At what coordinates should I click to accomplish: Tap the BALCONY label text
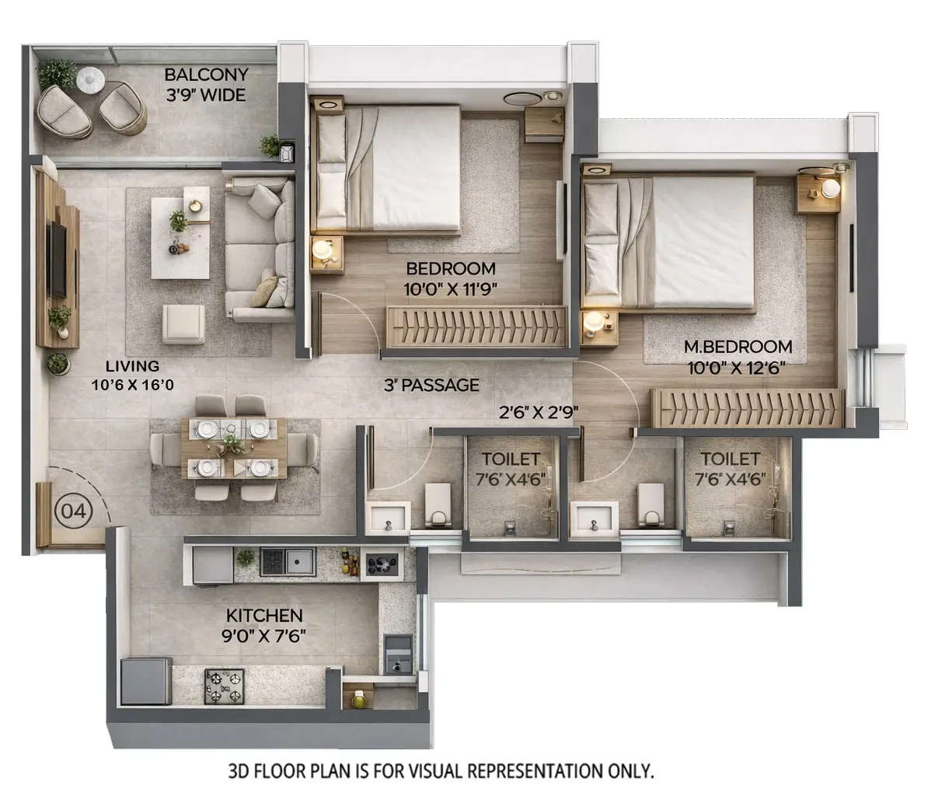coord(206,75)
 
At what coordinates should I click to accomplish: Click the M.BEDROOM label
coord(738,347)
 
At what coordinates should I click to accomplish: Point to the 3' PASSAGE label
coord(431,385)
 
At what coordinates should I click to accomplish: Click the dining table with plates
coord(234,449)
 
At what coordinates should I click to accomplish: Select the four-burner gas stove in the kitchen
coord(224,685)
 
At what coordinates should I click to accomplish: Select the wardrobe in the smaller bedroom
coord(477,324)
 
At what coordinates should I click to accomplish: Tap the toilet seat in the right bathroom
coord(648,504)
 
